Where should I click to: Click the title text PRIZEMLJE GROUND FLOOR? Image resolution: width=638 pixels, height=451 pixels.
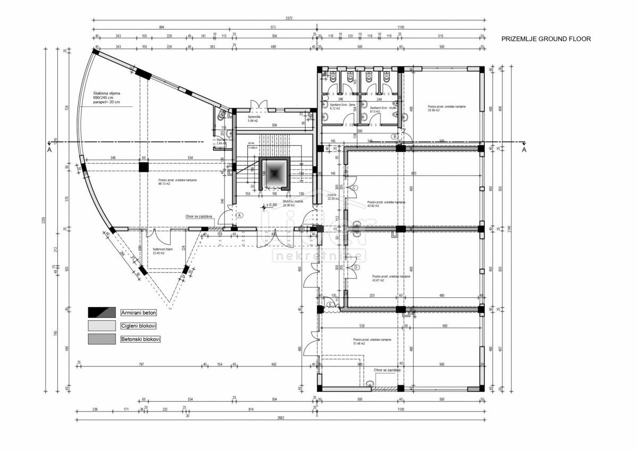pos(546,39)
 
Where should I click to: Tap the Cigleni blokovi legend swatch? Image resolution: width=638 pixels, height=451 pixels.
pos(102,325)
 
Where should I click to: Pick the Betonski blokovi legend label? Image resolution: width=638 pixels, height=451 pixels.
pos(140,339)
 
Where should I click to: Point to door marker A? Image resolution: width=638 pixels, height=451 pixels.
pos(240,215)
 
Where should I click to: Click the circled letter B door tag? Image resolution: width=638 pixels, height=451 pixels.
pos(395,137)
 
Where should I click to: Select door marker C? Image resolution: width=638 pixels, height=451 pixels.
pos(354,187)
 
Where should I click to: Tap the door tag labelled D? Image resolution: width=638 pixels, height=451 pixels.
pos(356,267)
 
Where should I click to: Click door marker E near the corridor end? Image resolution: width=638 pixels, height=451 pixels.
pos(330,305)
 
